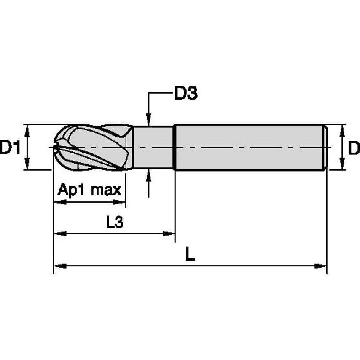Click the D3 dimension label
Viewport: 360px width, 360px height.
click(186, 94)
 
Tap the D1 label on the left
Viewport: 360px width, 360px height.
click(10, 148)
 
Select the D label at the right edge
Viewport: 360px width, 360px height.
click(354, 148)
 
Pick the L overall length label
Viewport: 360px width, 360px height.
click(190, 254)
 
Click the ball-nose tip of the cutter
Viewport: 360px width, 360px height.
click(56, 148)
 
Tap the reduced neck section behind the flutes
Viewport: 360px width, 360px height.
click(154, 148)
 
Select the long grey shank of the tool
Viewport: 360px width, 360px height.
click(249, 148)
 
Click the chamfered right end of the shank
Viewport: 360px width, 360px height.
click(325, 148)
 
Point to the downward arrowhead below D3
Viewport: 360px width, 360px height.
click(148, 121)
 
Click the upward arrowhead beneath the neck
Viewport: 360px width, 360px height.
click(148, 175)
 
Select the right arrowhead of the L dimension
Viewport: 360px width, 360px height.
click(322, 266)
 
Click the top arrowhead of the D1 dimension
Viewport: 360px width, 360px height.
click(28, 129)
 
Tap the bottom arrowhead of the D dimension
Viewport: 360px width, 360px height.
click(342, 166)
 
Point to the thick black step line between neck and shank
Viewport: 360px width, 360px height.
click(175, 148)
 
